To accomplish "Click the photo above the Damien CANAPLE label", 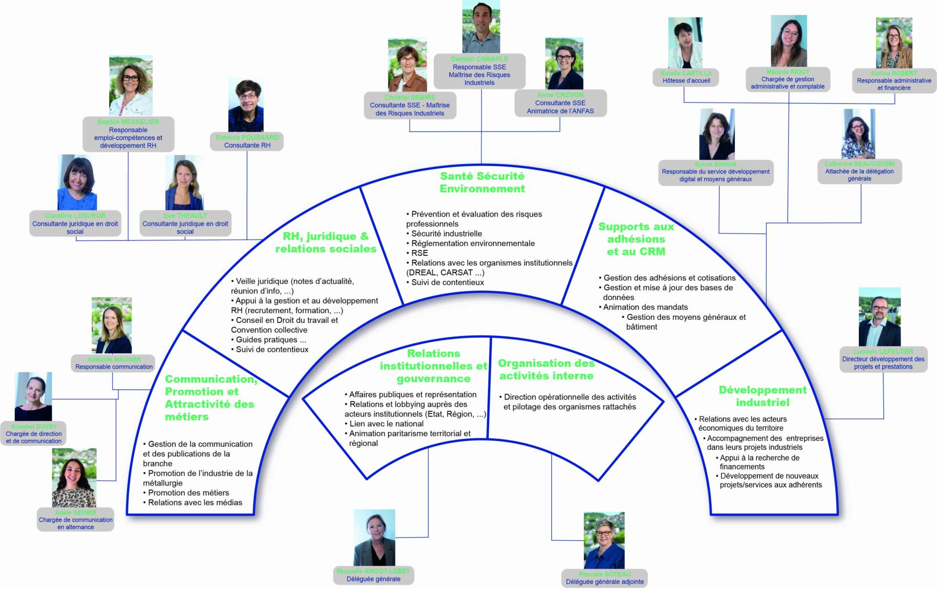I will pyautogui.click(x=481, y=27).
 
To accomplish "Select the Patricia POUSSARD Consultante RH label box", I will pyautogui.click(x=247, y=141).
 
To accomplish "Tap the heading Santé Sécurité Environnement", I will pyautogui.click(x=482, y=182).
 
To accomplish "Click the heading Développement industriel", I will pyautogui.click(x=762, y=396).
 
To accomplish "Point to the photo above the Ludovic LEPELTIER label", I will pyautogui.click(x=879, y=317).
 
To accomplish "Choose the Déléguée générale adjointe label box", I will pyautogui.click(x=604, y=578).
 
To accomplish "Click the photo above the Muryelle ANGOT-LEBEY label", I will pyautogui.click(x=374, y=537).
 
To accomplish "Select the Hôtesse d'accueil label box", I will pyautogui.click(x=686, y=77).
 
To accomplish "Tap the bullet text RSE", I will pyautogui.click(x=419, y=253).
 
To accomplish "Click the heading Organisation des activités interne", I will pyautogui.click(x=546, y=369).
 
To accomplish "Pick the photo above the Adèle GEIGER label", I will pyautogui.click(x=74, y=478).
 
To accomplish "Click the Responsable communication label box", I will pyautogui.click(x=114, y=363).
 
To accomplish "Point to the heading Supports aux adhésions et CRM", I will pyautogui.click(x=636, y=239).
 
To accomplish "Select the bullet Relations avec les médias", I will pyautogui.click(x=195, y=503).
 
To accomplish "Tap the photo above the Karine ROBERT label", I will pyautogui.click(x=894, y=43).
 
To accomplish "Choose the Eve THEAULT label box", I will pyautogui.click(x=185, y=223).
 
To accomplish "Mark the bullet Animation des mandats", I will pyautogui.click(x=645, y=307).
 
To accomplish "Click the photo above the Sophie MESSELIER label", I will pyautogui.click(x=130, y=85).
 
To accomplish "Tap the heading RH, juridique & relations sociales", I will pyautogui.click(x=326, y=242).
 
